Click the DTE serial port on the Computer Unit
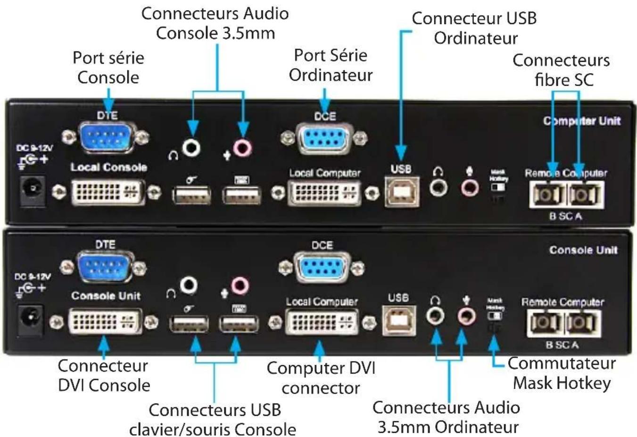[x=107, y=137]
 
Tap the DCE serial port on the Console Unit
[x=322, y=267]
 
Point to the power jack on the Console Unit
[x=30, y=319]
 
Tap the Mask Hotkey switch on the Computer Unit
[x=498, y=187]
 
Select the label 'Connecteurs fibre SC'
[x=561, y=70]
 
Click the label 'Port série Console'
[x=108, y=67]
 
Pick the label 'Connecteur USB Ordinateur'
[x=474, y=28]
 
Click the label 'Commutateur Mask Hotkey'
[x=562, y=373]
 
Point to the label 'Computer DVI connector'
[x=321, y=378]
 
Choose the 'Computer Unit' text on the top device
[x=582, y=121]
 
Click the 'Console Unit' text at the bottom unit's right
[x=583, y=250]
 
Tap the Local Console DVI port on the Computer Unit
[x=108, y=192]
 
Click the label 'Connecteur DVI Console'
[x=103, y=375]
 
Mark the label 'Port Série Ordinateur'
[x=331, y=65]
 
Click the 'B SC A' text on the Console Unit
[x=562, y=345]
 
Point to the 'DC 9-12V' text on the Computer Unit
[x=34, y=148]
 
